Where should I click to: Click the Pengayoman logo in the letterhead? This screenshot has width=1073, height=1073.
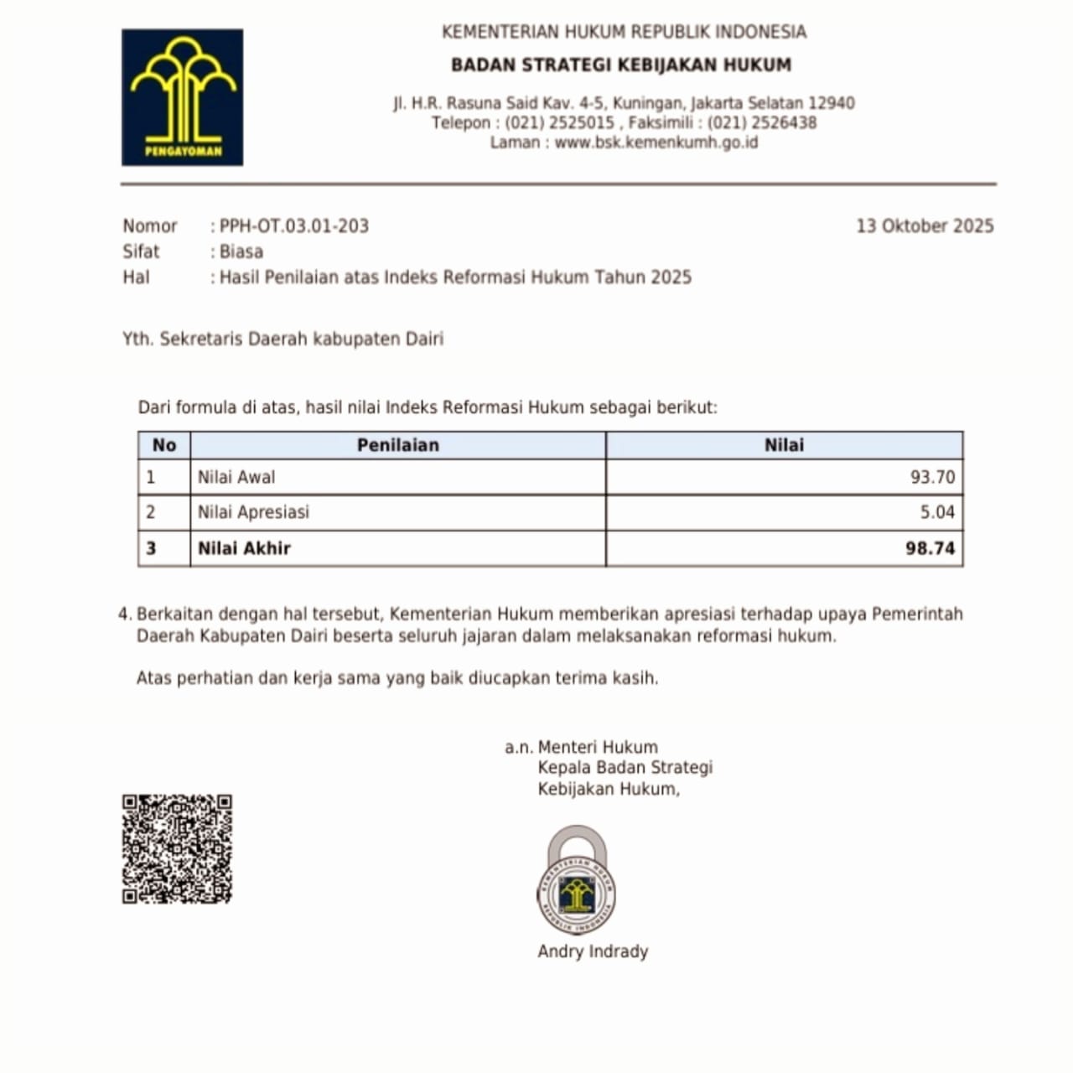click(182, 97)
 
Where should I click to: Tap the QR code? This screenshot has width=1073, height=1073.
click(177, 848)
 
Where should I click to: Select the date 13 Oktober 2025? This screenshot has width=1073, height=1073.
click(924, 226)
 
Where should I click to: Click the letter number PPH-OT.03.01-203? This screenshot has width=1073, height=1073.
click(294, 226)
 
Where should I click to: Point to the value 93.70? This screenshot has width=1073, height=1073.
click(932, 478)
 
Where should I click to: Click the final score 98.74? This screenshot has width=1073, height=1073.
click(930, 549)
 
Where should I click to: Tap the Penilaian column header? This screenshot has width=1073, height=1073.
click(397, 445)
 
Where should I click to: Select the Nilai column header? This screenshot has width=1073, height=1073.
click(784, 445)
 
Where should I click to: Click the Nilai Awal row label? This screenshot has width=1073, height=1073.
click(236, 478)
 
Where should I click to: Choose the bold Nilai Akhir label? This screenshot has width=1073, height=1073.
click(244, 549)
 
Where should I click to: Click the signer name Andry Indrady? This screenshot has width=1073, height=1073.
click(593, 951)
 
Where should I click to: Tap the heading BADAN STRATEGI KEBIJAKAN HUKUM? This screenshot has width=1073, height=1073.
click(620, 65)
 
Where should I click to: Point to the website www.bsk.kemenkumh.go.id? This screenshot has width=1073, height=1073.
click(656, 143)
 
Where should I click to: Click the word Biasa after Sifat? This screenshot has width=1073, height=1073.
click(241, 251)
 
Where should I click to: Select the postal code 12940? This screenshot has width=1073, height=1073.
click(832, 104)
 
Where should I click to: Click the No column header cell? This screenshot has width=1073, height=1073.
click(164, 445)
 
